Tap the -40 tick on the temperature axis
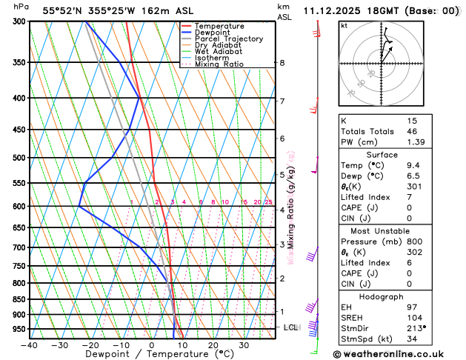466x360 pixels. [30, 345]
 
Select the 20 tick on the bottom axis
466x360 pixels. [213, 345]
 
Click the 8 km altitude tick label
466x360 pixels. [282, 63]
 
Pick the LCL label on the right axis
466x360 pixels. [290, 327]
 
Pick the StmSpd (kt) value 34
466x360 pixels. [412, 339]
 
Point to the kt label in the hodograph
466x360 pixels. [344, 26]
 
